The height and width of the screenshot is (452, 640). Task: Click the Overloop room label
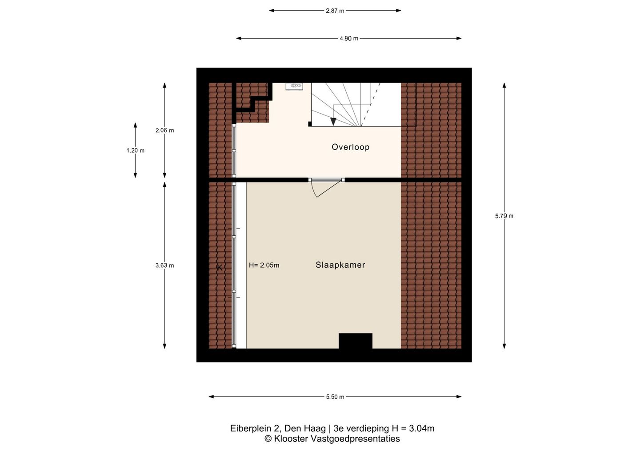coord(351,147)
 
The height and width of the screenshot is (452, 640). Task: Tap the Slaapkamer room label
coord(340,265)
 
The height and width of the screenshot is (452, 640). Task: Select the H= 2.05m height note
coord(264,266)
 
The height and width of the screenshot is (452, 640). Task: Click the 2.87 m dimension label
coord(335,11)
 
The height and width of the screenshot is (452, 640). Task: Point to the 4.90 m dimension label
coord(349,39)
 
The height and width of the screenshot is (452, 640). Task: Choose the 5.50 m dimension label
coord(335,397)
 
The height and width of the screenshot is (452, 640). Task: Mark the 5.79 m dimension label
coord(504,216)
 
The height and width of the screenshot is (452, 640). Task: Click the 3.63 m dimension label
coord(164,266)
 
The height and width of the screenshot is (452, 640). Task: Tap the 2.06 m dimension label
coord(164,131)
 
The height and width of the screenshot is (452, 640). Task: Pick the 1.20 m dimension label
coord(136,151)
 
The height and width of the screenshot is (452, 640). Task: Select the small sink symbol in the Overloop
coord(294,87)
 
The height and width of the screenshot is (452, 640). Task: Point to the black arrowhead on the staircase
coord(333,122)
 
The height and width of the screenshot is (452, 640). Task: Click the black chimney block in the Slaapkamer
coord(356,341)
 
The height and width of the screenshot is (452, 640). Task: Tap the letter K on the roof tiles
coord(220,268)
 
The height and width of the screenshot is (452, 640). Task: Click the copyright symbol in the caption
coord(268,439)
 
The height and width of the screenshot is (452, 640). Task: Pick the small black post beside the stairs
coord(310,124)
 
